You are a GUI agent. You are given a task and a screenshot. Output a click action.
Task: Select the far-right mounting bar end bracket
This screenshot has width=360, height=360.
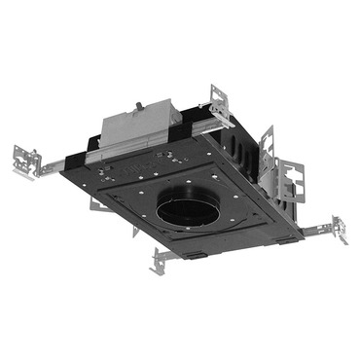(x=338, y=230)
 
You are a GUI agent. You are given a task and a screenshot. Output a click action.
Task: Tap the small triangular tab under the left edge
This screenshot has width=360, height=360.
(x=135, y=233)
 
